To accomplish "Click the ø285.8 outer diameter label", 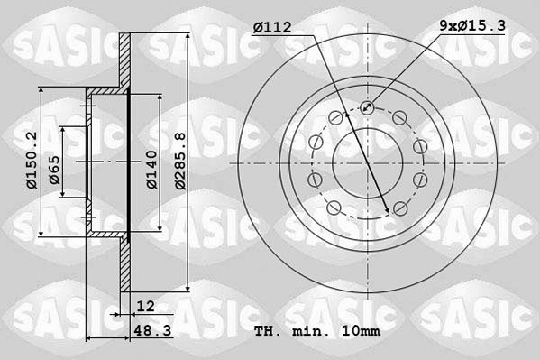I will click(179, 161).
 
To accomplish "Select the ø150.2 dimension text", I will click(32, 161).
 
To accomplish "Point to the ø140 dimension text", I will click(153, 169).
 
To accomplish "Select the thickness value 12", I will click(145, 307).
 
